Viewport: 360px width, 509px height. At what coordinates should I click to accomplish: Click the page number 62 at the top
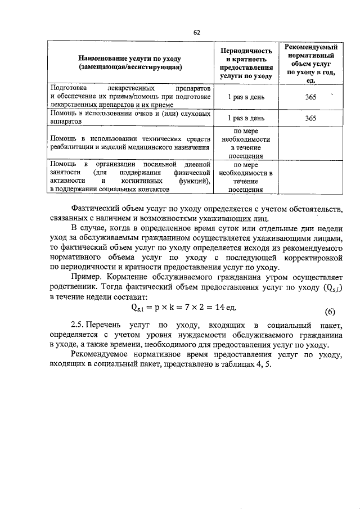pyautogui.click(x=197, y=32)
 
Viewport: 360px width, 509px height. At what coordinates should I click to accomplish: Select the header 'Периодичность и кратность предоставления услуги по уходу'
pyautogui.click(x=245, y=62)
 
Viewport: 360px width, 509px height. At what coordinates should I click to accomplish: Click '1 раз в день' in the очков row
pyautogui.click(x=245, y=119)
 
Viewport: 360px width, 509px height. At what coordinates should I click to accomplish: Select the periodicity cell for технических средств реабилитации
pyautogui.click(x=245, y=143)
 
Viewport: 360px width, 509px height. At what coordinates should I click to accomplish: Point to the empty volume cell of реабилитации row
pyautogui.click(x=308, y=143)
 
